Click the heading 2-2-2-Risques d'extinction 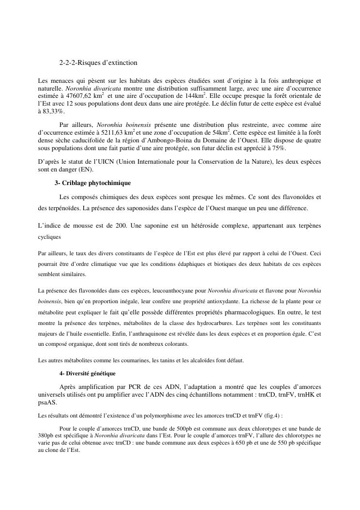pyautogui.click(x=98, y=63)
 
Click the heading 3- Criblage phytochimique pyautogui.click(x=92, y=183)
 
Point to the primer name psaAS pyautogui.click(x=47, y=402)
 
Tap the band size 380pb pyautogui.click(x=45, y=436)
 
